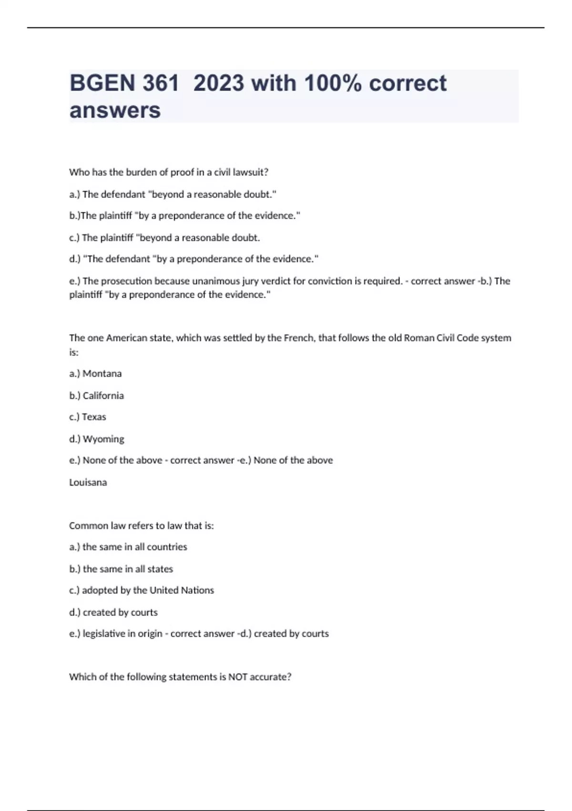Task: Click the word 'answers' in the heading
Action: (x=115, y=110)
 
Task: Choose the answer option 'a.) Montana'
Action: (x=95, y=374)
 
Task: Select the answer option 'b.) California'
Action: (x=96, y=395)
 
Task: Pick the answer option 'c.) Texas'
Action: (x=88, y=417)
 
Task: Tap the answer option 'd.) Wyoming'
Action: (x=97, y=439)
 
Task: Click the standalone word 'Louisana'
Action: (x=88, y=482)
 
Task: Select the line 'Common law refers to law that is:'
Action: (x=142, y=526)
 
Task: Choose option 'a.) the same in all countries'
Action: (x=128, y=547)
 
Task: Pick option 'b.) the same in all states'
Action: (x=121, y=569)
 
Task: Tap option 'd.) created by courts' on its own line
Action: (x=113, y=613)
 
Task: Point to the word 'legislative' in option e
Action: (x=104, y=634)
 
